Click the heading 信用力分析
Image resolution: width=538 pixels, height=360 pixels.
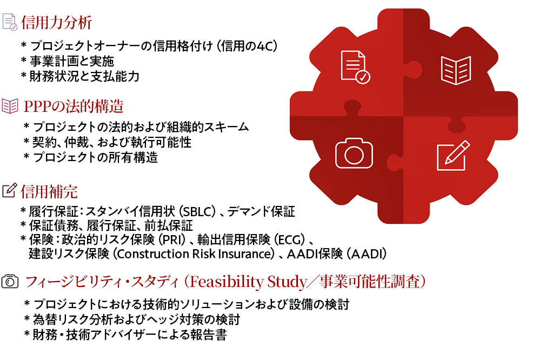tap(56, 22)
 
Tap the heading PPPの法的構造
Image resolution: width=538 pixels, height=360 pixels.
tap(74, 106)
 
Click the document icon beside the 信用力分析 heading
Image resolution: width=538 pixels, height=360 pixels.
tap(10, 22)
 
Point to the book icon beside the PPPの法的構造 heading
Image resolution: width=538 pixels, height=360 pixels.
tap(10, 106)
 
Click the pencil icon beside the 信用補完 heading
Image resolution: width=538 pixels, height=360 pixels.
tap(10, 191)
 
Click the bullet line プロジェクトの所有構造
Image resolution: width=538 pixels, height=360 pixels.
tap(95, 157)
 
